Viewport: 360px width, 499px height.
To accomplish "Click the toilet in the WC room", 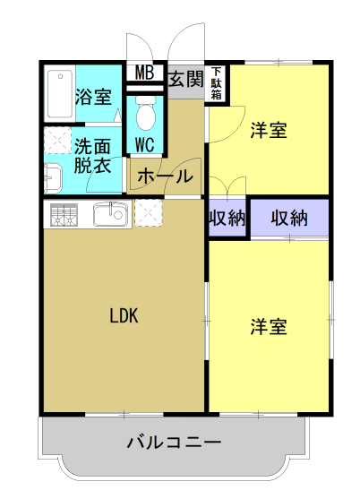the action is [146, 113].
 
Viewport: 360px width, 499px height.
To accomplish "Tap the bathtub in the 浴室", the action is [60, 94].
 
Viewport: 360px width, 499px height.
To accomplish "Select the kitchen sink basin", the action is [110, 214].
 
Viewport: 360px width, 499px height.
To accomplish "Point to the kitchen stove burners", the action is [64, 215].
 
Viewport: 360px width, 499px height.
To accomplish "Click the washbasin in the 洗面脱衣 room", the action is [53, 178].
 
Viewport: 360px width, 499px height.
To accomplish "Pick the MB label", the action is [145, 73].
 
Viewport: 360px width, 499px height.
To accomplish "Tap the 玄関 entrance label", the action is [185, 79].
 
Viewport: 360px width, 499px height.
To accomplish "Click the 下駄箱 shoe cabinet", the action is [216, 83].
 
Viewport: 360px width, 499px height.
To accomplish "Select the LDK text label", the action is [124, 315].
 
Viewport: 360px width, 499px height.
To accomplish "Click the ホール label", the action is [165, 176].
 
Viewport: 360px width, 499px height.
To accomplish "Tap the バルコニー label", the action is [174, 443].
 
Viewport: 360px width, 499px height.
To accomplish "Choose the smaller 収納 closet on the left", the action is [227, 218].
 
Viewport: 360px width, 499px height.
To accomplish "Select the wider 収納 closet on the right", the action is [289, 218].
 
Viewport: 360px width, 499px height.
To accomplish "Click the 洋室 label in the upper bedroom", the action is [269, 130].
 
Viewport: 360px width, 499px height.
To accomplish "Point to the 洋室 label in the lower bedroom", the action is [269, 327].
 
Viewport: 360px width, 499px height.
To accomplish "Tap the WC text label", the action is [145, 145].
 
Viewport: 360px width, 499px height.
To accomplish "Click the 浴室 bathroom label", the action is [93, 97].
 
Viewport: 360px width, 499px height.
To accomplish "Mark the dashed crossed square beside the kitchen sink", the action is [149, 213].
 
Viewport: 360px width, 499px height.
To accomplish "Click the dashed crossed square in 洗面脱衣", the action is [57, 141].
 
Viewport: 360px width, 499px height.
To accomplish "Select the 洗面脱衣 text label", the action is [92, 156].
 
